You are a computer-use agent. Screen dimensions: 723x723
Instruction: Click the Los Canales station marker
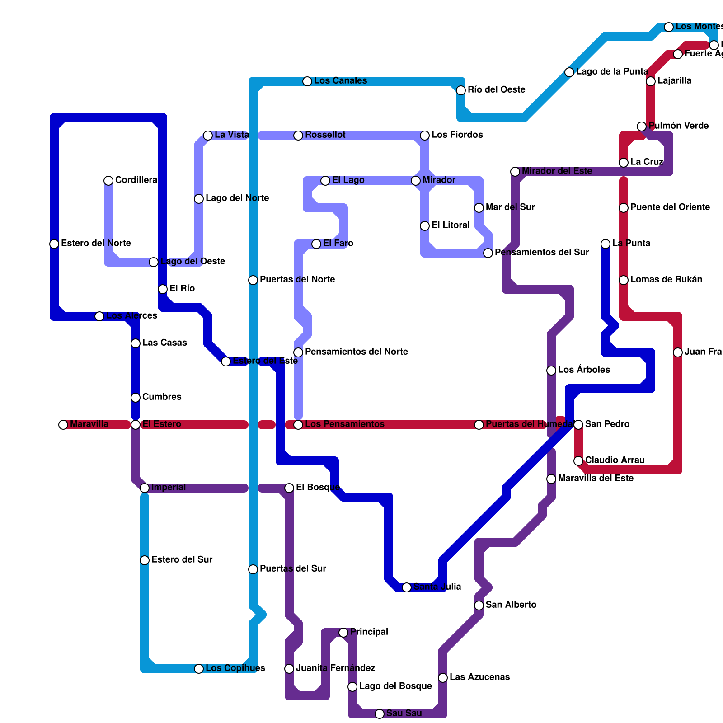[x=307, y=81]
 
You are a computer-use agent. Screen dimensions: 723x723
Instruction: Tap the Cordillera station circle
[x=108, y=181]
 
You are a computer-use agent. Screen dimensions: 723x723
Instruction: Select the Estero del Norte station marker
[x=54, y=244]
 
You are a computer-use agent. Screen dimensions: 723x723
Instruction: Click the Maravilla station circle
[x=63, y=425]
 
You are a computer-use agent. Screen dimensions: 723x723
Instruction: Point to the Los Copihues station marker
[x=199, y=669]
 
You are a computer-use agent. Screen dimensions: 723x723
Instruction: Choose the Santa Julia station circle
[x=407, y=587]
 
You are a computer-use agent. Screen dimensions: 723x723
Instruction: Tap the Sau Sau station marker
[x=380, y=714]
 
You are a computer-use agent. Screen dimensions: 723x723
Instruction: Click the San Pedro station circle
[x=578, y=425]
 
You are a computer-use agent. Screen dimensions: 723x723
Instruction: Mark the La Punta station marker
[x=606, y=244]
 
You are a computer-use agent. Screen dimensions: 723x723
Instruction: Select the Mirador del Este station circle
[x=515, y=172]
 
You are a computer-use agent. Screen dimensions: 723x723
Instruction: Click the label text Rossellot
[x=325, y=135]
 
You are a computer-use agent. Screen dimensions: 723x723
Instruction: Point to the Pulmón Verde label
[x=679, y=126]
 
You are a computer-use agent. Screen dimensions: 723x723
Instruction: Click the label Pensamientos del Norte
[x=357, y=352]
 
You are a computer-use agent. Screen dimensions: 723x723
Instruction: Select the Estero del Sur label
[x=182, y=560]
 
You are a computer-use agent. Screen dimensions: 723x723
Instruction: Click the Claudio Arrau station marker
[x=578, y=461]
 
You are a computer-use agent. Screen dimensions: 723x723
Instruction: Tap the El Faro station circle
[x=316, y=244]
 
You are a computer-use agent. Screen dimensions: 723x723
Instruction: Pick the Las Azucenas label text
[x=479, y=677]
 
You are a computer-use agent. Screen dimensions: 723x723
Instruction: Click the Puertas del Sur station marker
[x=253, y=569]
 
